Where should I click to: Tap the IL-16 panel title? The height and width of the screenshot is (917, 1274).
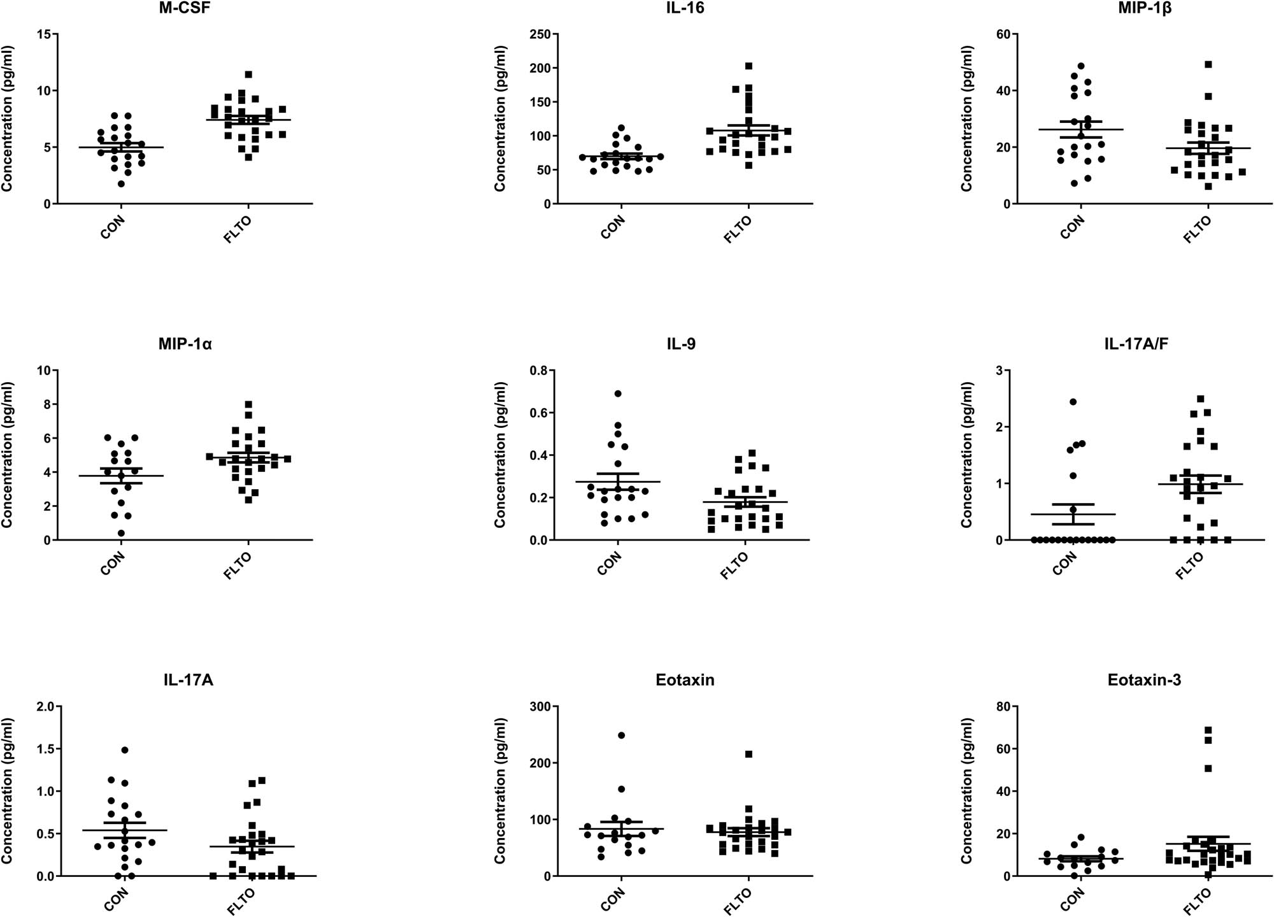[x=685, y=8]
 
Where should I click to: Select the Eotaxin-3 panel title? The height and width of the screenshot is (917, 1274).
[x=1144, y=680]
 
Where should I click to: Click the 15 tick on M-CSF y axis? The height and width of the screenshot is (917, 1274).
[x=43, y=34]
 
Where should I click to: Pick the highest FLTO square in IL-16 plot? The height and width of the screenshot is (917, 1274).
[x=748, y=66]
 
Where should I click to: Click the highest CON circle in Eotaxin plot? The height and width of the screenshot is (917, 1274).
[x=621, y=736]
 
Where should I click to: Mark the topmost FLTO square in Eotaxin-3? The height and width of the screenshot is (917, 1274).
[x=1208, y=730]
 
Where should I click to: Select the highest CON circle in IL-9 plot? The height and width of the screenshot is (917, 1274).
[x=618, y=394]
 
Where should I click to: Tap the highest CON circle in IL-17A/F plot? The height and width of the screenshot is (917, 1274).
[x=1073, y=402]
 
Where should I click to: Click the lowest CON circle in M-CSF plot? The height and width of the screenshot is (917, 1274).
[x=121, y=184]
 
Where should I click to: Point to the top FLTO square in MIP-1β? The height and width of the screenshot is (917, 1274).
[x=1208, y=64]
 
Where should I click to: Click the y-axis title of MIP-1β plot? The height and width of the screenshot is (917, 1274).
[x=966, y=118]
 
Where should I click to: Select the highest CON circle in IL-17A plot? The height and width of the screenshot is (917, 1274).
[x=125, y=750]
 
